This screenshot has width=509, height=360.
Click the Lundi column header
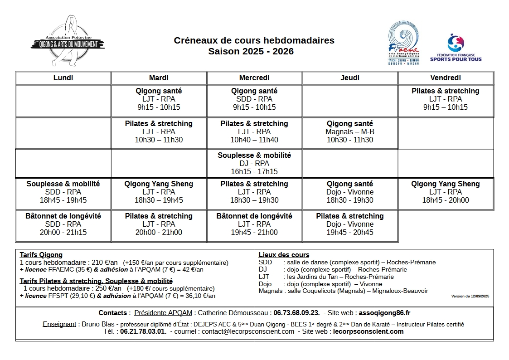tap(63, 78)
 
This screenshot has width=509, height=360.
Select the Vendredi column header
tap(445, 78)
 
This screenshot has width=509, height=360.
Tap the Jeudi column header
tap(350, 78)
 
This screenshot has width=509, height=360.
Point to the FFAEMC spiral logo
tap(403, 43)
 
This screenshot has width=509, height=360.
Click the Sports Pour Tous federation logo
tap(456, 48)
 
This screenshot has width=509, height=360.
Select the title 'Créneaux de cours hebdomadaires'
tap(254, 40)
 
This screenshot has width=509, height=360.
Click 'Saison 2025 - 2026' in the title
tap(251, 51)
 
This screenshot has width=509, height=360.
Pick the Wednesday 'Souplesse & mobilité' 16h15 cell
tap(254, 163)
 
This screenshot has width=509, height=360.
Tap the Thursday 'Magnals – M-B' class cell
tap(350, 131)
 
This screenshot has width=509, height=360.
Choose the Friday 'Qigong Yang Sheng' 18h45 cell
tap(445, 192)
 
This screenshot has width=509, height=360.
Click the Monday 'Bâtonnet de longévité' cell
tap(63, 224)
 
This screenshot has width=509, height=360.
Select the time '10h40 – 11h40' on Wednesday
tap(254, 140)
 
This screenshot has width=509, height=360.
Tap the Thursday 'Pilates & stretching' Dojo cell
tap(350, 224)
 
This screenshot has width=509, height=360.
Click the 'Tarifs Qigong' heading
tap(41, 255)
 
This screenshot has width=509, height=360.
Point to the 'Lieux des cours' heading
tap(284, 255)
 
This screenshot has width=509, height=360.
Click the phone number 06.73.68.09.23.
tap(297, 313)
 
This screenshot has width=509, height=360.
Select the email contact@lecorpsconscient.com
tap(248, 331)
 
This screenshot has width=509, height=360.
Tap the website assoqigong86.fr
tap(384, 313)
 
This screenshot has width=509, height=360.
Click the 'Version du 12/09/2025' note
tap(470, 296)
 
